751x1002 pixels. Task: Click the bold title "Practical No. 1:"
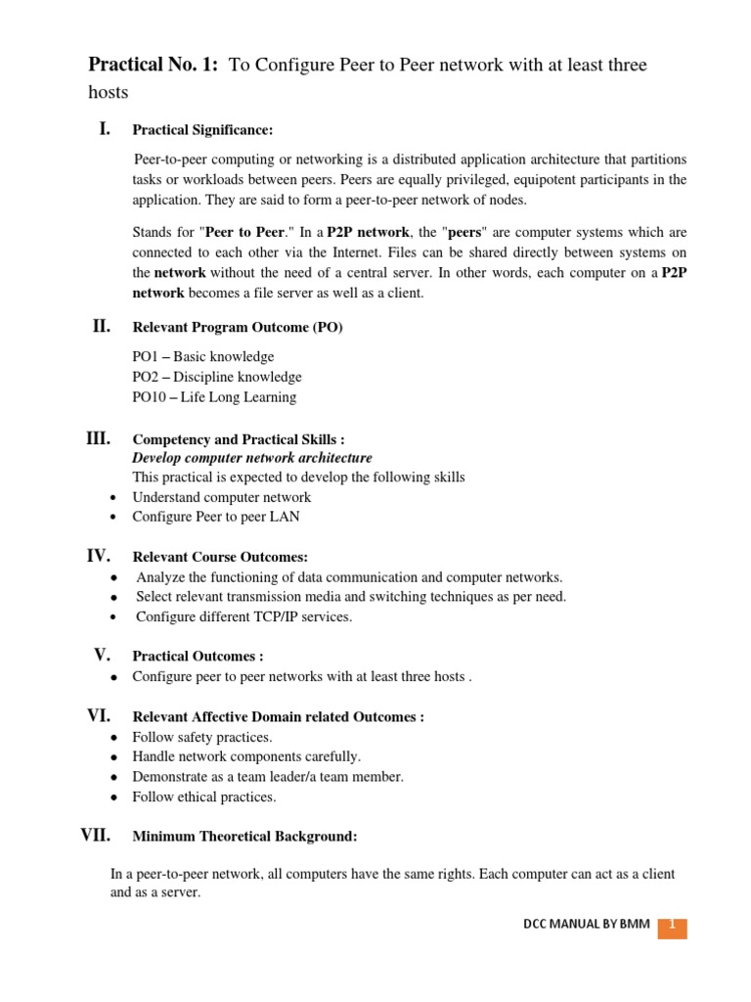155,66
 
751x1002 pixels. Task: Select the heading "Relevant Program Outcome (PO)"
238,328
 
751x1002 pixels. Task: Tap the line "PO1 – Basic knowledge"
203,356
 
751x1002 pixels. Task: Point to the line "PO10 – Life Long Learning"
214,397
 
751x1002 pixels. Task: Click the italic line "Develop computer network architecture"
251,458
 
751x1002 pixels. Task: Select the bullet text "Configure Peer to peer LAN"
221,517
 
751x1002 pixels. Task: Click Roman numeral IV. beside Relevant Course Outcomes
99,556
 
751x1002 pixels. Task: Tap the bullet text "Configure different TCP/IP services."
243,616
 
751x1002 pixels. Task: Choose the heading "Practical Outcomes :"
198,657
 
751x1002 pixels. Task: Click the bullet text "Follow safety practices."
202,737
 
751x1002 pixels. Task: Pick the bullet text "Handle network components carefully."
246,756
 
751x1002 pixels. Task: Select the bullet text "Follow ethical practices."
204,797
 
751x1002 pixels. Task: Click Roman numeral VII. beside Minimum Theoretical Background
95,835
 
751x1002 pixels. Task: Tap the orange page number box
672,926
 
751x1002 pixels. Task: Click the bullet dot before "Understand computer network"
115,498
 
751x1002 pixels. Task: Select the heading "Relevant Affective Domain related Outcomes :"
278,717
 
